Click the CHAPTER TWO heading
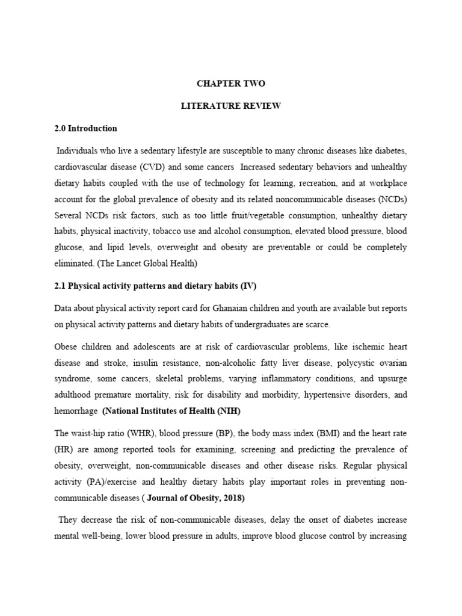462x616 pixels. [231, 84]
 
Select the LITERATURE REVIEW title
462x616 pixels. [231, 106]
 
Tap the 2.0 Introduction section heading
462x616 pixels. [85, 128]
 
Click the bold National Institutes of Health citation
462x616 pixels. [173, 411]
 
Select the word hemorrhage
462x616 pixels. [76, 411]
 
